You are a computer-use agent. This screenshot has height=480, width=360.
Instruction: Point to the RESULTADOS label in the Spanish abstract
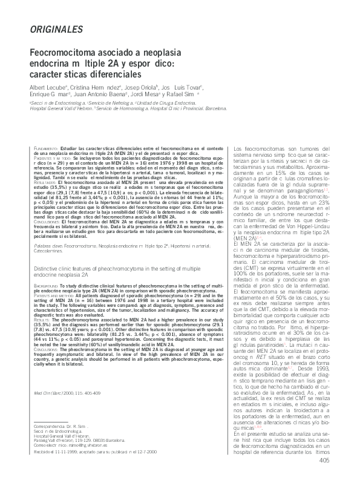pyautogui.click(x=46, y=182)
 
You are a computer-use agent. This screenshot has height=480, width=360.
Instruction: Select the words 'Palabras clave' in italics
pyautogui.click(x=48, y=247)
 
